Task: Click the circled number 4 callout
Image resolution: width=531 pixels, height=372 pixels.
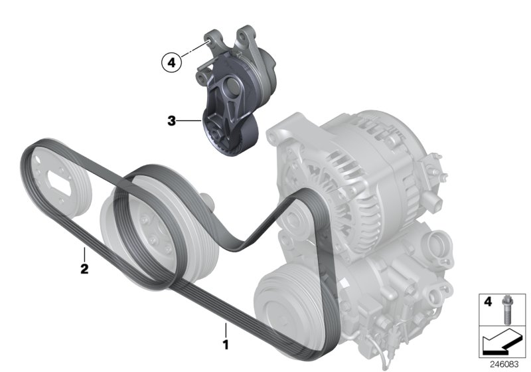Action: click(171, 63)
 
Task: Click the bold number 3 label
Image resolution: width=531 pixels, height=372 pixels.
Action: click(171, 122)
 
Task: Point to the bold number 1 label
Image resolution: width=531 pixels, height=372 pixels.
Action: click(225, 345)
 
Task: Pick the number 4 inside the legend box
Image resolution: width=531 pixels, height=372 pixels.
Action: click(487, 302)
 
